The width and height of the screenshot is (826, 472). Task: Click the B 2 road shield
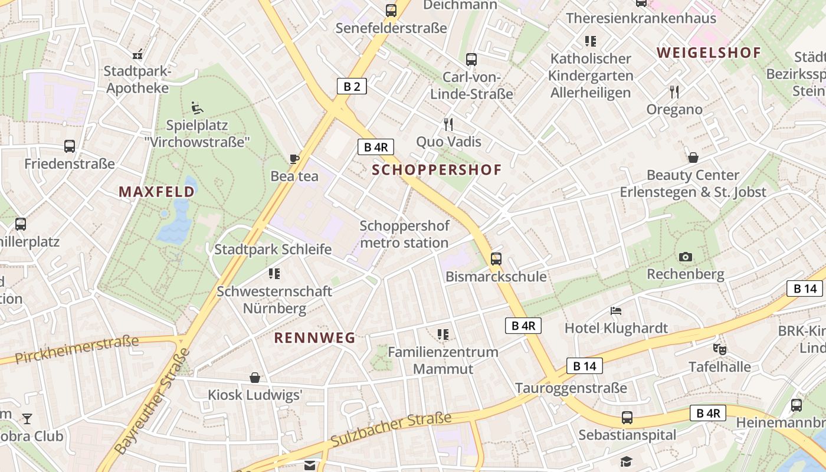click(x=352, y=86)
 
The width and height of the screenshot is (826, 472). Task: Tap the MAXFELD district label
click(x=156, y=192)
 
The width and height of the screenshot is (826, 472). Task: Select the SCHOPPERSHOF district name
click(x=437, y=171)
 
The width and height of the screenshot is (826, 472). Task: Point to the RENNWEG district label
click(x=315, y=338)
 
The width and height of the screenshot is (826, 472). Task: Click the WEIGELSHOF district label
click(x=709, y=53)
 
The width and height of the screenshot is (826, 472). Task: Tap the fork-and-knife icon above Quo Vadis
click(x=448, y=124)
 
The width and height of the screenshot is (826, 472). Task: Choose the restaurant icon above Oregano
click(x=674, y=91)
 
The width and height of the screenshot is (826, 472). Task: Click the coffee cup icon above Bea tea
click(x=294, y=159)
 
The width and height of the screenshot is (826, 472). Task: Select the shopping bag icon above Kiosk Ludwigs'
click(x=255, y=377)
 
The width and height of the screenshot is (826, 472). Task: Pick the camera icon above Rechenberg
click(x=685, y=257)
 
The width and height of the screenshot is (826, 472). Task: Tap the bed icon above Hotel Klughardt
click(x=616, y=310)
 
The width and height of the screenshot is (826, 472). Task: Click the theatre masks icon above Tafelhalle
click(x=719, y=349)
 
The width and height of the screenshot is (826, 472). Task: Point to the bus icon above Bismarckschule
click(x=496, y=258)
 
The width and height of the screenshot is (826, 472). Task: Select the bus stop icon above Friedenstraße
click(x=70, y=146)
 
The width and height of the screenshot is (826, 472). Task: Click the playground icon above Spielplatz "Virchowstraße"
click(x=196, y=108)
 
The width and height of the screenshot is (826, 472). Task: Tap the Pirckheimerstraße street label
click(x=77, y=349)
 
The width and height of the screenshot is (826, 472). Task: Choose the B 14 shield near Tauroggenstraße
click(x=585, y=366)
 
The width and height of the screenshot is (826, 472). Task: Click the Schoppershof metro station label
click(x=404, y=234)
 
